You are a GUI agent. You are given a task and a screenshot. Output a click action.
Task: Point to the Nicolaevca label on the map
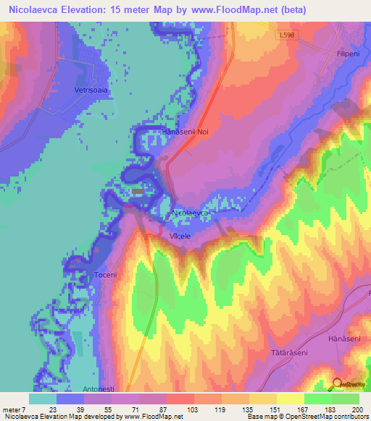point(191,213)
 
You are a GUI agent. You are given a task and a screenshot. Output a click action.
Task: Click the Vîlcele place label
point(180,237)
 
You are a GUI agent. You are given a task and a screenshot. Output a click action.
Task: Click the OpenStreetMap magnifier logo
point(338,384)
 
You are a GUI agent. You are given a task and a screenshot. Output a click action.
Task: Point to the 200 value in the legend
point(356,409)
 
